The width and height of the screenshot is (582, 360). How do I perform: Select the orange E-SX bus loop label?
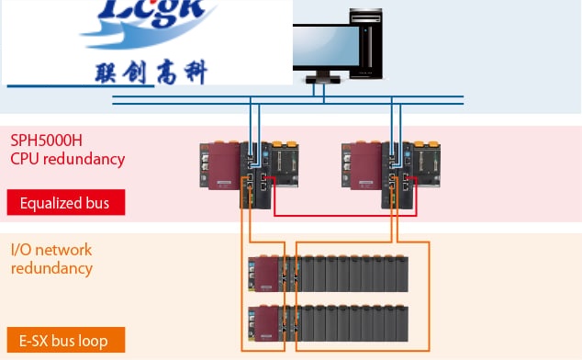(x=65, y=341)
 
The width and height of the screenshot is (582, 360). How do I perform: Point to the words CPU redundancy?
(x=67, y=159)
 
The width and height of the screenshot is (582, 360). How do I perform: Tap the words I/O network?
(x=51, y=250)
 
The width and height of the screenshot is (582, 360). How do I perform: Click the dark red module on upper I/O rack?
(x=263, y=274)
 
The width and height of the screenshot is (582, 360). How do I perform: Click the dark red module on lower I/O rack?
(x=263, y=322)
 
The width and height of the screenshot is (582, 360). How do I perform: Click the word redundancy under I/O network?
(x=51, y=268)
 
